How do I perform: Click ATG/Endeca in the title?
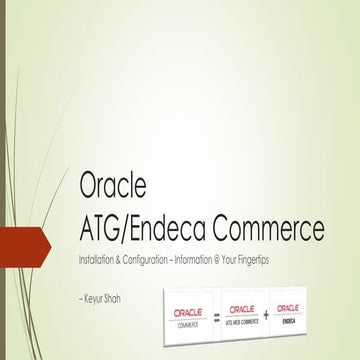pyautogui.click(x=137, y=229)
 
